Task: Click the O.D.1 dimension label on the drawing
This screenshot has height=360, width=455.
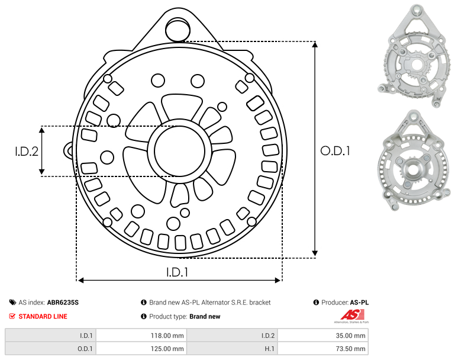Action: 335,151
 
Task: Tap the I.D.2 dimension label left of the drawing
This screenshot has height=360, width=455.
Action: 27,151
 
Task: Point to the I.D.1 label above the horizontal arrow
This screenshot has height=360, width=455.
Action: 178,272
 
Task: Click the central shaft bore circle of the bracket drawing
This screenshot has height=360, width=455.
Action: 180,151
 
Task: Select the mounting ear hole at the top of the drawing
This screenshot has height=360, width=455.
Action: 178,30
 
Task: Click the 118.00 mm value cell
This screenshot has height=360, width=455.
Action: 141,335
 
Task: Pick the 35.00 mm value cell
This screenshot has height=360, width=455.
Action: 323,335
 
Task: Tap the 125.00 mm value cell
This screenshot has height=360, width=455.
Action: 141,348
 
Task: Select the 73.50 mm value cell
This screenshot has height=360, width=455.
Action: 323,348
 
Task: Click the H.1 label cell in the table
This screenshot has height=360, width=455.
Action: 232,348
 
